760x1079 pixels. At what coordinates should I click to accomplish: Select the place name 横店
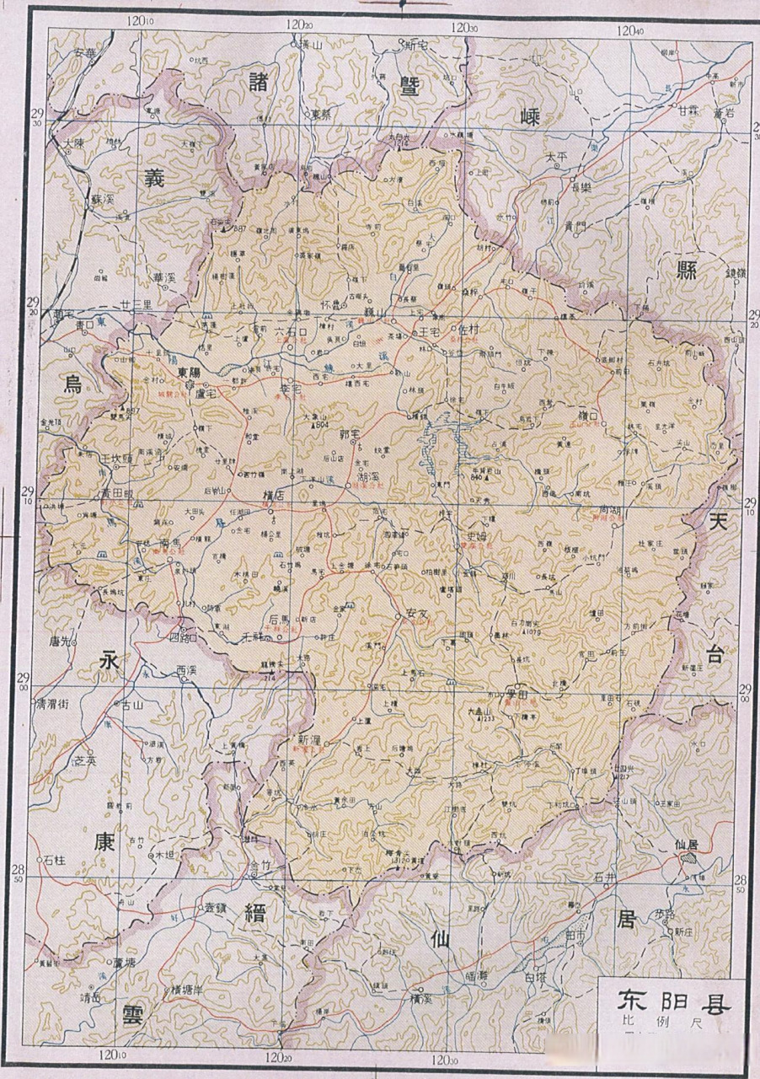[x=274, y=497]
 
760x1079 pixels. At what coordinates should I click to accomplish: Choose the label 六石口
[x=269, y=332]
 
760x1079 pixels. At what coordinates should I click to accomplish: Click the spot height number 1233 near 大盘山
[x=486, y=718]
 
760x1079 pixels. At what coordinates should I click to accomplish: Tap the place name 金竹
[x=259, y=866]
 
